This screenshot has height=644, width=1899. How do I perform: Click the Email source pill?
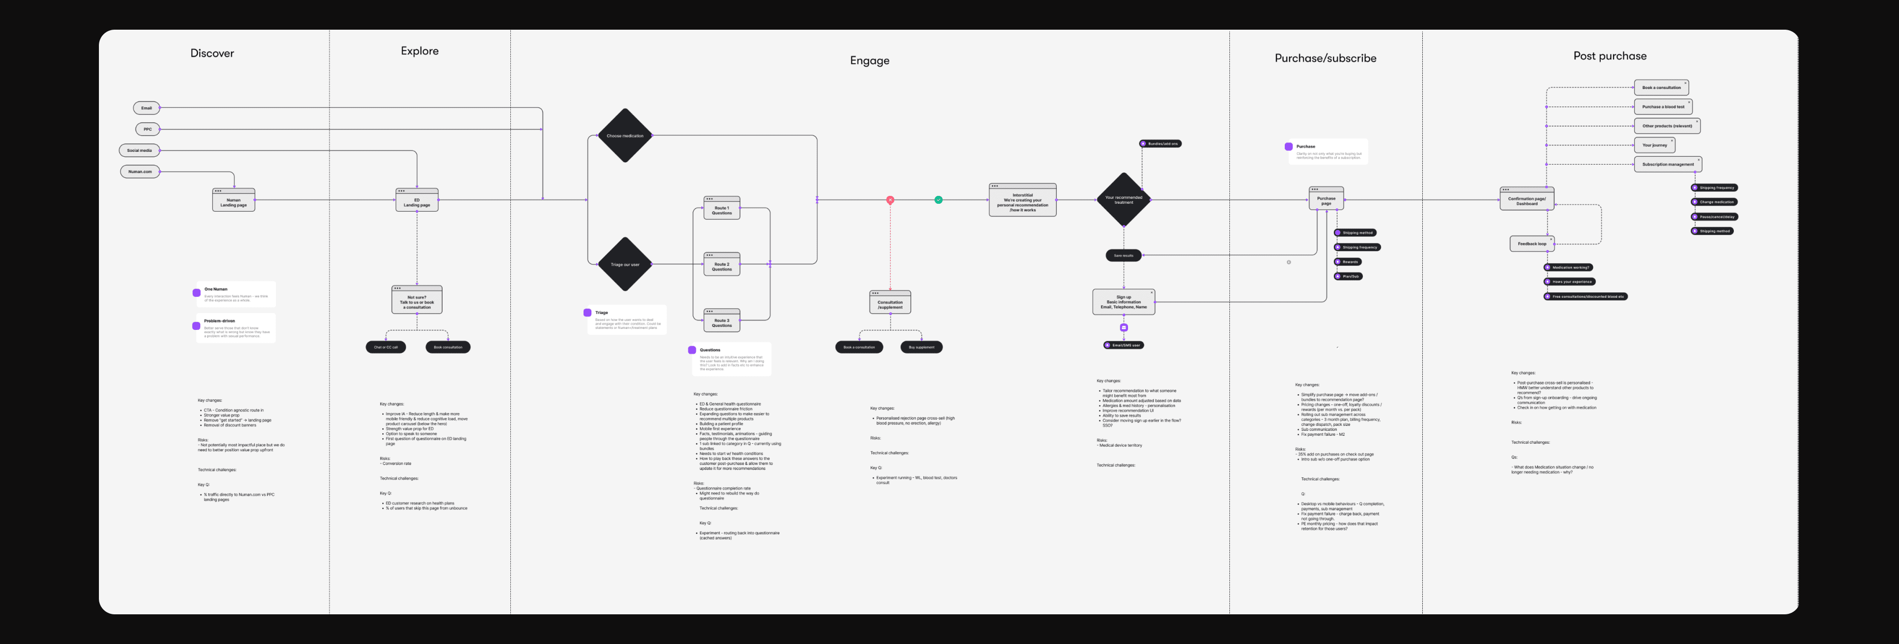pos(146,108)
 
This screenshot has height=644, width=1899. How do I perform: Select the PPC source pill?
pos(147,130)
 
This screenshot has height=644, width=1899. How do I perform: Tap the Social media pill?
pos(139,150)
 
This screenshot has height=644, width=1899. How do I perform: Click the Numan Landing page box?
pos(234,201)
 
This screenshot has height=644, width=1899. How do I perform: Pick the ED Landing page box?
pos(416,201)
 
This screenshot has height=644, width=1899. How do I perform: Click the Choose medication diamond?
pos(625,136)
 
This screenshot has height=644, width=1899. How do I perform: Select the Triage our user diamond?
pos(625,264)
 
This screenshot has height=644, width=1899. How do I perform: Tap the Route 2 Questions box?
pos(722,265)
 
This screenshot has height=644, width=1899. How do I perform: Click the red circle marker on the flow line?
pos(890,200)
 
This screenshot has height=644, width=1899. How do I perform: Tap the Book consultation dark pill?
pos(448,347)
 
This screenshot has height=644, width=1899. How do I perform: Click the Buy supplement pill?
pos(921,347)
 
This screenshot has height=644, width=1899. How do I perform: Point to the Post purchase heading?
pos(1609,56)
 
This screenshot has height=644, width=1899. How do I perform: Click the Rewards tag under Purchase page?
pos(1348,262)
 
